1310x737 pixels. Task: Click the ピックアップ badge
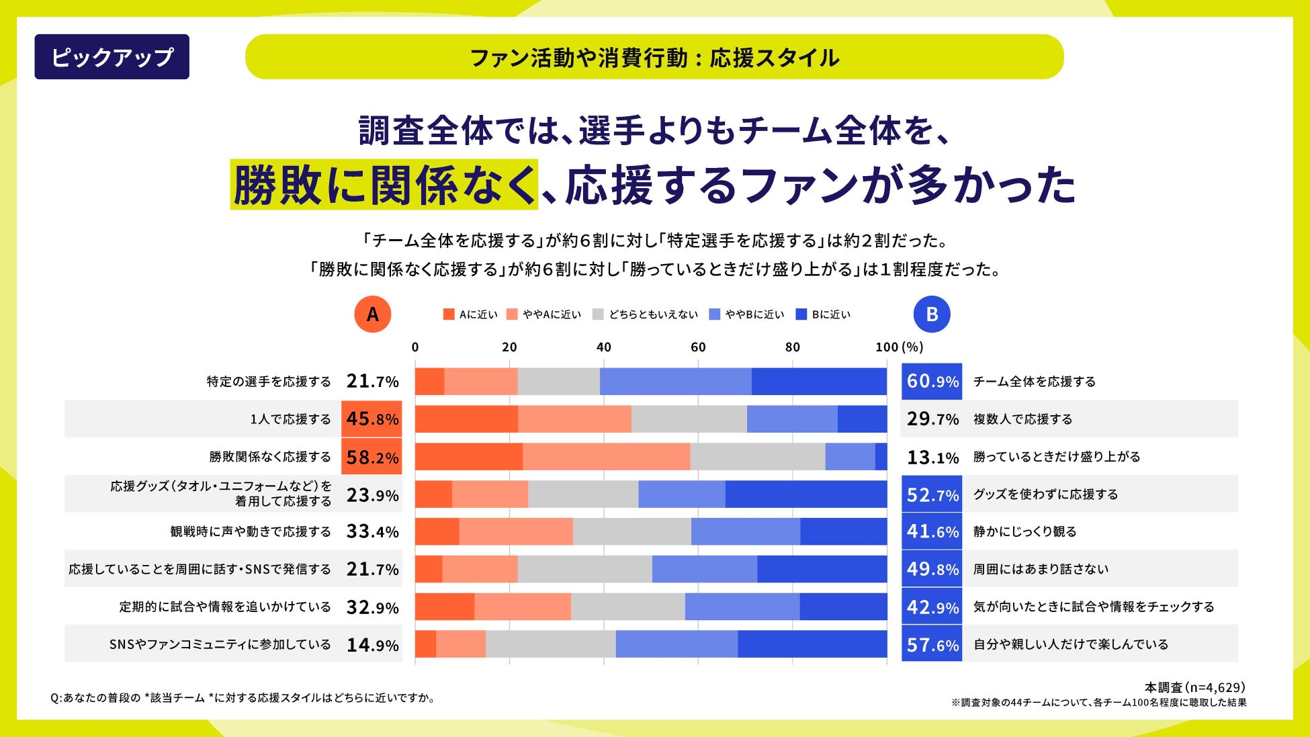[112, 57]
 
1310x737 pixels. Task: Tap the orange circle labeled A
[372, 314]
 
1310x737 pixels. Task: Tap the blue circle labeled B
[932, 314]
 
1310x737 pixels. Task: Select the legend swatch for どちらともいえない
[599, 314]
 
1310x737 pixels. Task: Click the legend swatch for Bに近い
[801, 314]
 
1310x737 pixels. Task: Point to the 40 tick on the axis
[603, 347]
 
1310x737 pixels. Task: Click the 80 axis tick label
[792, 347]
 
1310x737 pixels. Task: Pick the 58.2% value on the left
[372, 457]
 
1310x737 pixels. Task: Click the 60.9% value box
[932, 382]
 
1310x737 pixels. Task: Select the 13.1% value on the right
[932, 457]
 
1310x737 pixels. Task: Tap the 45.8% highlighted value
[372, 419]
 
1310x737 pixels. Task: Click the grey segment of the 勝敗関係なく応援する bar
[757, 457]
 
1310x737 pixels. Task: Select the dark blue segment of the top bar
[818, 382]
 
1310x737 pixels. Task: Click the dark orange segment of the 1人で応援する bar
[466, 419]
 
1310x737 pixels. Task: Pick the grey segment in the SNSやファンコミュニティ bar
[550, 644]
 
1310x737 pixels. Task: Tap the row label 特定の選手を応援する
[269, 382]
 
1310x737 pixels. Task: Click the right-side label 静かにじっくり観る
[1024, 531]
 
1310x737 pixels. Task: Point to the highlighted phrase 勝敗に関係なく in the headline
[384, 185]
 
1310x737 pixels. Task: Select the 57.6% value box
[932, 644]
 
